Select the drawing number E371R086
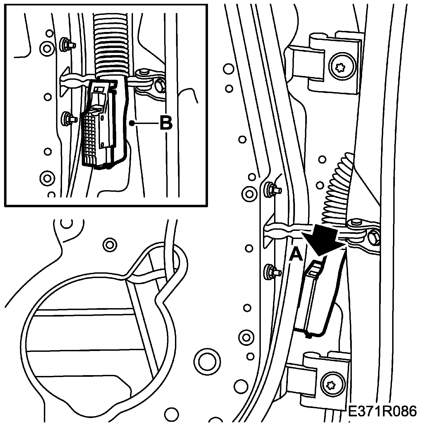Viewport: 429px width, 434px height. point(382,411)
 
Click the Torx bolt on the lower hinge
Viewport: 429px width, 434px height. point(331,384)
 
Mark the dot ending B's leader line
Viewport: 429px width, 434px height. point(132,124)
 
